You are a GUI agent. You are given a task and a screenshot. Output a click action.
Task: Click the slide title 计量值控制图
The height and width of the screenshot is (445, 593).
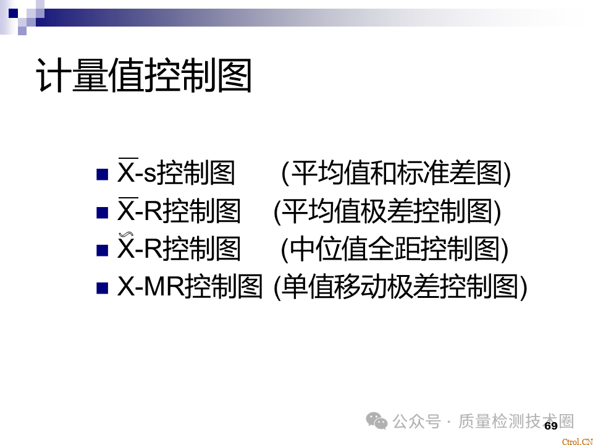(x=144, y=75)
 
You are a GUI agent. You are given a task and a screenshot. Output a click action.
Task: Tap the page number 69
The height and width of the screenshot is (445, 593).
(x=551, y=426)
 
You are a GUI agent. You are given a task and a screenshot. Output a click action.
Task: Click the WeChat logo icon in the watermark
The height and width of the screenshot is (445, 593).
(x=376, y=421)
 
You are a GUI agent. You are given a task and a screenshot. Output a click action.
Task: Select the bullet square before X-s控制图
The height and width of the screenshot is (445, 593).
(x=102, y=174)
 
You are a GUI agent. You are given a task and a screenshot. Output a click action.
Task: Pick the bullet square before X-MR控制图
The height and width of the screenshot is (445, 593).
(x=102, y=288)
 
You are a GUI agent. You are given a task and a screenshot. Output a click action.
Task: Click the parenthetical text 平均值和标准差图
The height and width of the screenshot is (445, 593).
(x=397, y=173)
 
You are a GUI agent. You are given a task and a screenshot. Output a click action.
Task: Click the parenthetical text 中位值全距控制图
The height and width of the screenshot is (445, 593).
(x=395, y=248)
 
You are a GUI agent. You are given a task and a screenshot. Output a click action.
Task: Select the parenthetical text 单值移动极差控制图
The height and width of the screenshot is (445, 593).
(x=400, y=286)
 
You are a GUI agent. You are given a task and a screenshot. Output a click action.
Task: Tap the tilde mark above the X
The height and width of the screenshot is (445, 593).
(x=126, y=235)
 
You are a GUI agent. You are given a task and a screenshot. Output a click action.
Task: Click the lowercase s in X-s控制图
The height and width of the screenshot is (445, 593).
(x=150, y=176)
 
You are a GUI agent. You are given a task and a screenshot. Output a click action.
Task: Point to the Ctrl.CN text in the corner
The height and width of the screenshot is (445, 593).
(x=577, y=441)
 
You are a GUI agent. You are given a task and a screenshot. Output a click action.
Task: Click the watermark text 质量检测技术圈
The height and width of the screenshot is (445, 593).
(x=516, y=421)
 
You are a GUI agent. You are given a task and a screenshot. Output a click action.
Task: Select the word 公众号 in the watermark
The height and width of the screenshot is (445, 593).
(x=416, y=421)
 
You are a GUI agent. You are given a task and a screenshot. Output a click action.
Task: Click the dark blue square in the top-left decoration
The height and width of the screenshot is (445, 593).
(x=13, y=13)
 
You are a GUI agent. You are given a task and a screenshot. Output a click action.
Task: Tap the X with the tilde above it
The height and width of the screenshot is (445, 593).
(x=126, y=248)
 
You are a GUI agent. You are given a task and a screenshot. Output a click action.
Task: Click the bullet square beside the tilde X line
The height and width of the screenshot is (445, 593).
(x=102, y=250)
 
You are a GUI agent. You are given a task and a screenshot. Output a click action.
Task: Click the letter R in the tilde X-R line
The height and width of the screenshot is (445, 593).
(x=153, y=248)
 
